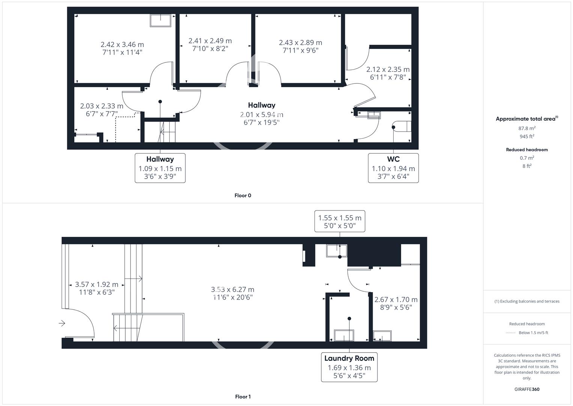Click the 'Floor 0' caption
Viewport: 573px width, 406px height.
[x=243, y=195]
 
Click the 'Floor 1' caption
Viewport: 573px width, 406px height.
[x=243, y=397]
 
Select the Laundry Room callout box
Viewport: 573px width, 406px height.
[x=349, y=367]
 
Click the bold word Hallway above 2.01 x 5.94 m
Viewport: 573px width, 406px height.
[x=262, y=105]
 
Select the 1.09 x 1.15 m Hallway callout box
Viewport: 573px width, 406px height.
[x=160, y=168]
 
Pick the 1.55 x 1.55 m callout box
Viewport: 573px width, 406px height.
[x=340, y=221]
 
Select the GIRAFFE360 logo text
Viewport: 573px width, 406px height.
[x=527, y=389]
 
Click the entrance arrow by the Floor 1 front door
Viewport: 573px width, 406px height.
[x=62, y=323]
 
